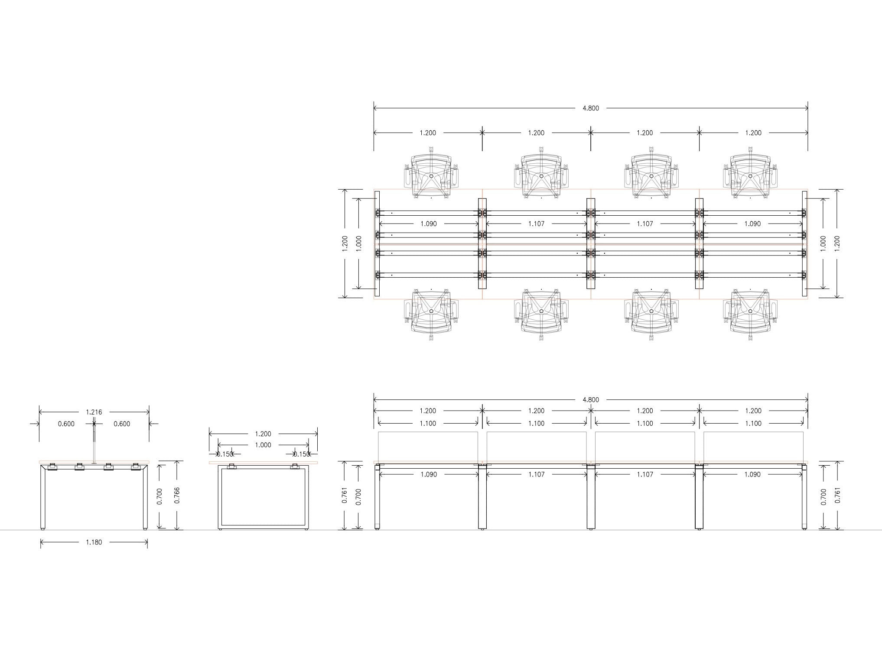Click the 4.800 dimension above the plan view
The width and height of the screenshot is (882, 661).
591,108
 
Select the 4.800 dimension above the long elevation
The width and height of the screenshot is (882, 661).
591,400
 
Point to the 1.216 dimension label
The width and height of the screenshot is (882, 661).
94,412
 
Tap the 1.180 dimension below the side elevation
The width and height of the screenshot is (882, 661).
94,542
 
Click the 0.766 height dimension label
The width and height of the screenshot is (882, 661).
177,496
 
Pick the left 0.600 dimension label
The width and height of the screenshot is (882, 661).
66,424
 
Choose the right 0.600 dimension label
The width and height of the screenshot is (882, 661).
122,424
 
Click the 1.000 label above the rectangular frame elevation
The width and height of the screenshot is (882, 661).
263,445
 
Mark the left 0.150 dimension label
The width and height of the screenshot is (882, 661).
225,454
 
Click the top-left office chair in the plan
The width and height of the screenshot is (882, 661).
431,174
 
